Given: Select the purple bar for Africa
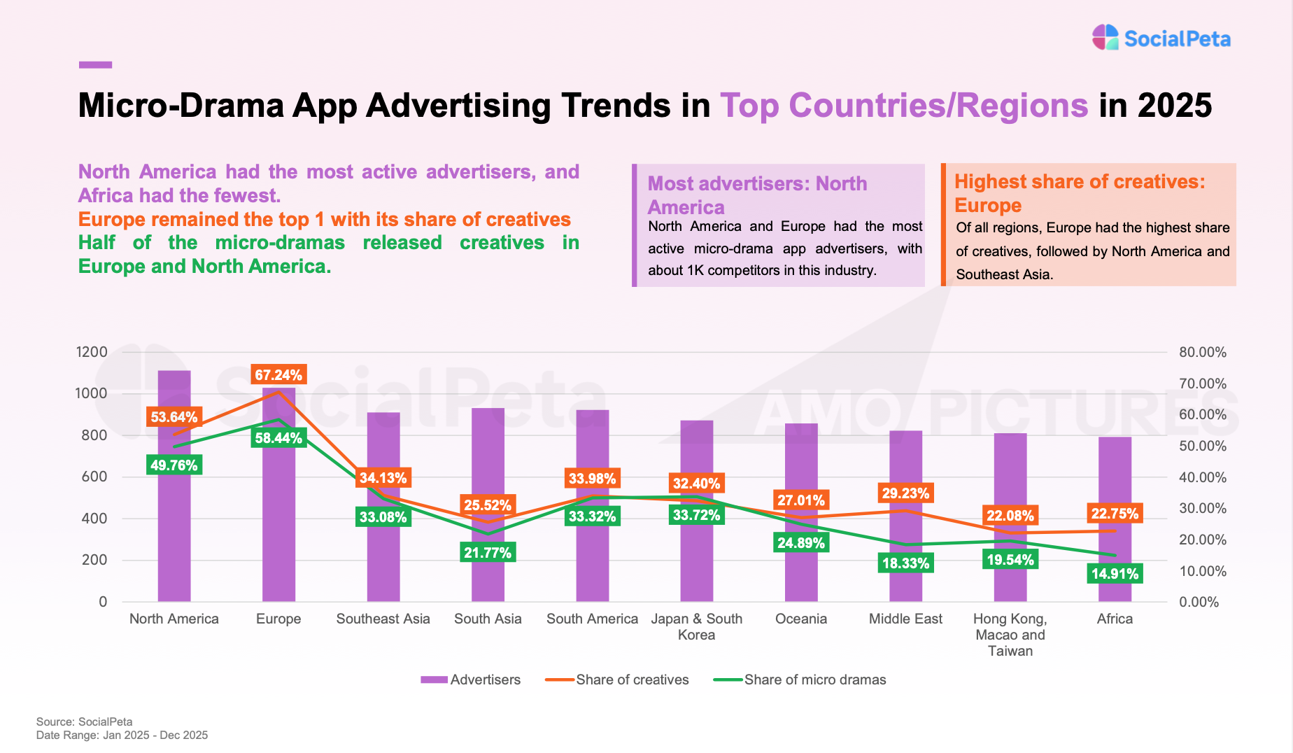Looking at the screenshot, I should click(x=1115, y=490).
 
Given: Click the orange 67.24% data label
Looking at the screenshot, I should click(x=278, y=375).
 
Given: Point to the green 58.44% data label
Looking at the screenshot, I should click(x=278, y=438).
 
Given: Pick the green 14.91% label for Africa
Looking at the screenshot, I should click(x=1115, y=574).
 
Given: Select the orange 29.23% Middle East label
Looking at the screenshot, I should click(x=905, y=493).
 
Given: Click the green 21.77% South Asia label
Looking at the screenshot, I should click(x=488, y=553).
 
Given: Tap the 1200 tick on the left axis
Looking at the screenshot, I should click(x=92, y=352).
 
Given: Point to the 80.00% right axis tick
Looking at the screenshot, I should click(x=1203, y=352).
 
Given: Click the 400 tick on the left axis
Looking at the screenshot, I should click(x=94, y=519).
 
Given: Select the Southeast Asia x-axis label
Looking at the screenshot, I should click(x=383, y=619).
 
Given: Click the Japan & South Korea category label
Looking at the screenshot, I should click(x=696, y=626).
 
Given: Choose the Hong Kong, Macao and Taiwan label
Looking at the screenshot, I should click(x=1010, y=635).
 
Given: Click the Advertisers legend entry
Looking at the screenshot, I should click(x=471, y=680).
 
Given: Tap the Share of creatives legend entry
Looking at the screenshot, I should click(x=617, y=680).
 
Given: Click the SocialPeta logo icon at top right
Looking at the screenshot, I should click(x=1105, y=38).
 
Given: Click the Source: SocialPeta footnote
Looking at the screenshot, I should click(x=84, y=722).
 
